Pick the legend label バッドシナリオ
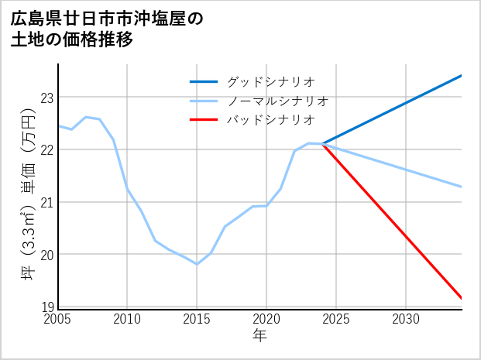(x=270, y=120)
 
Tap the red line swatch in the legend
(x=204, y=120)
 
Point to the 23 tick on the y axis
(x=47, y=98)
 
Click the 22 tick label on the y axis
(x=47, y=149)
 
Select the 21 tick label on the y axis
(x=47, y=202)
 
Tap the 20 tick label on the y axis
(x=47, y=255)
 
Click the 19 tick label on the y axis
(x=47, y=307)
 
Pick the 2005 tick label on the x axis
(x=58, y=319)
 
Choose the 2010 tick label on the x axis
(x=127, y=319)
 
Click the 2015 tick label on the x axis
(x=197, y=319)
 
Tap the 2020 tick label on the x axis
(x=266, y=319)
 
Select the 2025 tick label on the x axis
(x=336, y=319)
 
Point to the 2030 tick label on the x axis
(x=406, y=319)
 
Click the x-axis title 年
(x=260, y=335)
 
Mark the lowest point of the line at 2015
(x=197, y=264)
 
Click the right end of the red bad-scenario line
(x=462, y=298)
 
